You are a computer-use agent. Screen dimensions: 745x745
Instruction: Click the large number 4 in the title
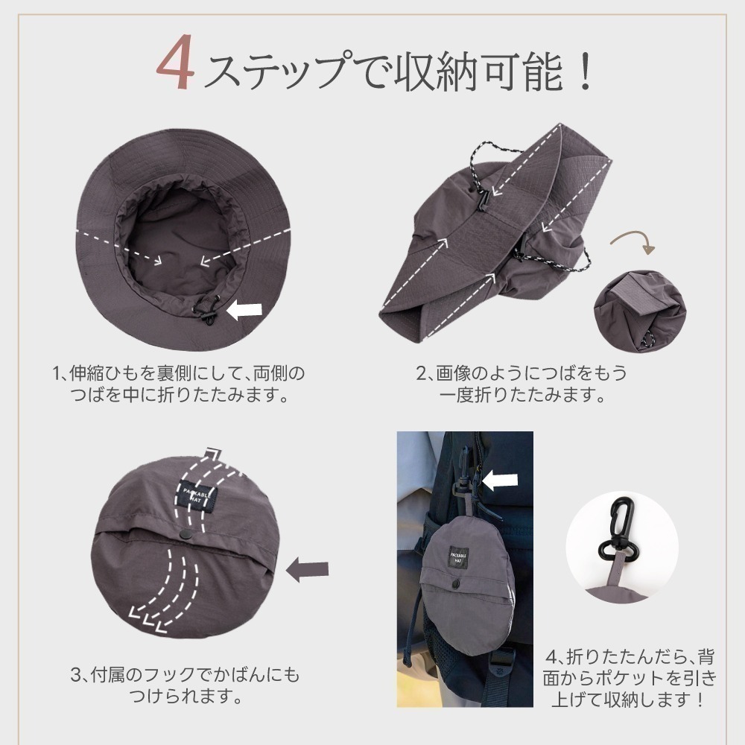pos(177,71)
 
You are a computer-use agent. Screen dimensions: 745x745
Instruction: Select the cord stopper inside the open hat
pos(208,312)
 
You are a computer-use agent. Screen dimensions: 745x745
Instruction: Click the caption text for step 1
pos(179,383)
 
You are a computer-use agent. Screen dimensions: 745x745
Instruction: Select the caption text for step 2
pos(521,383)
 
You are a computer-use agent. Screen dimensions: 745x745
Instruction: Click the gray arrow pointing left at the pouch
pos(308,570)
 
